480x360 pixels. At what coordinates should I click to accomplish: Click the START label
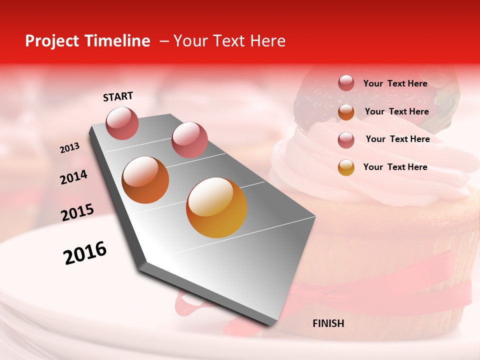tap(118, 96)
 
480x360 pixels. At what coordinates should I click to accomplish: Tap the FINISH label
tap(328, 323)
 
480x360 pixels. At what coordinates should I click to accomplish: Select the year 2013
tap(70, 148)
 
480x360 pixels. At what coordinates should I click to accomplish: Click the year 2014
tap(73, 177)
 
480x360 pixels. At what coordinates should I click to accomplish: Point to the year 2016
tap(85, 253)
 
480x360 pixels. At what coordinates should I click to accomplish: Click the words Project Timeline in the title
tap(87, 41)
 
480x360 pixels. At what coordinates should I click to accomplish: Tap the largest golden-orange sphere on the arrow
tap(216, 207)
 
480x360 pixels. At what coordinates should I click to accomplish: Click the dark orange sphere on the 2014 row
tap(145, 180)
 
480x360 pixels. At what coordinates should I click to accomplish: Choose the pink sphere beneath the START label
tap(122, 123)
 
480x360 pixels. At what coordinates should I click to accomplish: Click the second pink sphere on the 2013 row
tap(189, 139)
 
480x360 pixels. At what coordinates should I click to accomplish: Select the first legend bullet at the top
tap(346, 83)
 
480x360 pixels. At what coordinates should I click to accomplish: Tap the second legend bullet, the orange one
tap(346, 112)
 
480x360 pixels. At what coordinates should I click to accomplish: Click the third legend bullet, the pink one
tap(346, 140)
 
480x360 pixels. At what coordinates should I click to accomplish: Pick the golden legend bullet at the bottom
tap(346, 167)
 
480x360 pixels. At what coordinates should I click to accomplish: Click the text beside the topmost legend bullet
tap(395, 83)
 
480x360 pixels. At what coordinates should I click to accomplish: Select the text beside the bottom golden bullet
tap(395, 167)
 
